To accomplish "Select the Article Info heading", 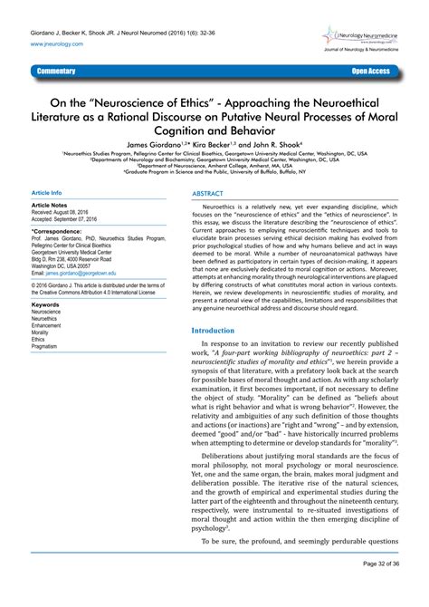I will point(46,194).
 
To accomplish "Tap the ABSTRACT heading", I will point(209,195).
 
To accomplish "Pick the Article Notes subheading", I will point(51,207).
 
